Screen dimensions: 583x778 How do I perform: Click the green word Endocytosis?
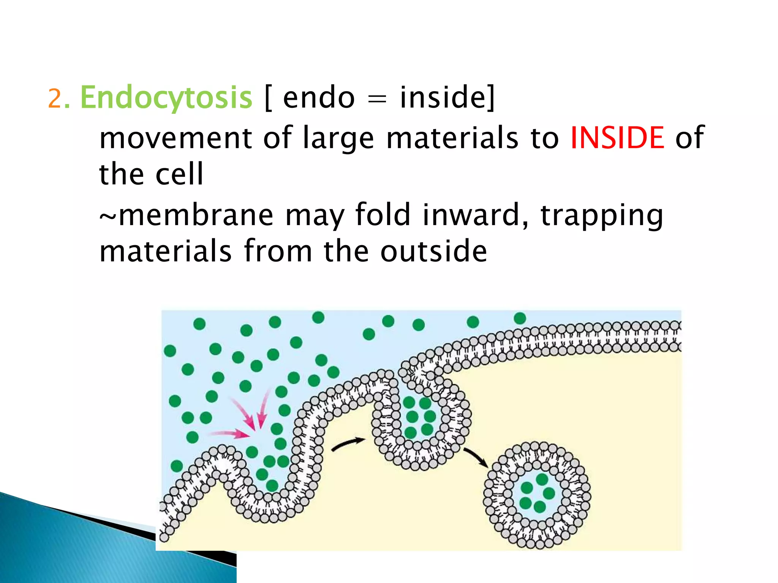point(166,98)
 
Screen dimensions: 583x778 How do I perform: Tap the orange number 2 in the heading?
point(55,99)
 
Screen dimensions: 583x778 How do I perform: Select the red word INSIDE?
point(617,137)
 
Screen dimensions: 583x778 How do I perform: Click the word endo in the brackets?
point(319,98)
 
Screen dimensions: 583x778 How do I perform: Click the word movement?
point(176,138)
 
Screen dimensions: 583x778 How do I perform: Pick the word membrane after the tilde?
point(196,215)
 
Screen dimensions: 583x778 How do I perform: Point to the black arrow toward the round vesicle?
point(476,458)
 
